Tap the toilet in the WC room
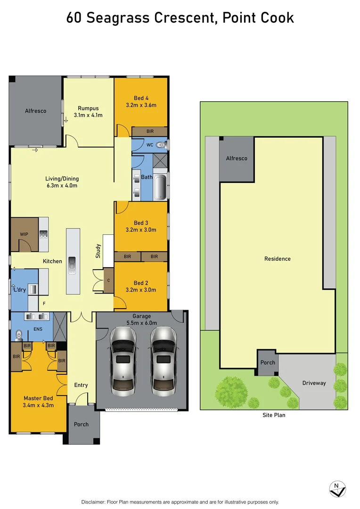click(x=161, y=145)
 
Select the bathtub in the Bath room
click(x=160, y=187)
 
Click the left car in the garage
click(x=123, y=361)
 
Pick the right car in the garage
click(x=164, y=361)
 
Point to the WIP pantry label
click(x=24, y=234)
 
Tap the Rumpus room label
click(x=88, y=108)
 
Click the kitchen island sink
click(x=72, y=265)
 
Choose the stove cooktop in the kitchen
click(x=43, y=234)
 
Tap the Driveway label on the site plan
click(x=314, y=383)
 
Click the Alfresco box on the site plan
click(x=237, y=159)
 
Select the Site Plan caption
click(x=274, y=415)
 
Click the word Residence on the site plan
click(x=278, y=259)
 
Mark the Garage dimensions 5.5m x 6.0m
click(x=141, y=323)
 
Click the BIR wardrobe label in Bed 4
click(x=149, y=131)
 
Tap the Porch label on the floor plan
click(x=81, y=424)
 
